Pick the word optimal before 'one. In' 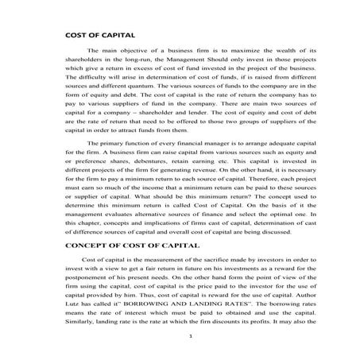tap(261, 216)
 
